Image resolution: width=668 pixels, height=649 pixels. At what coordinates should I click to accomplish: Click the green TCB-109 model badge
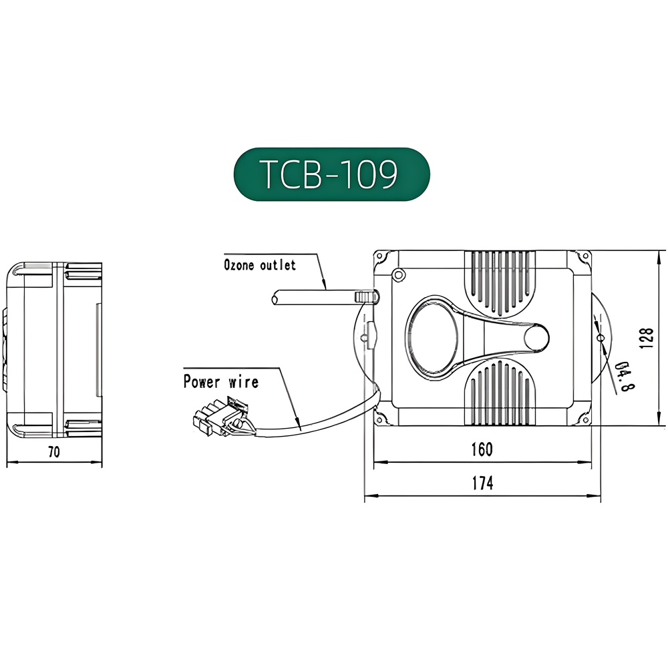(x=331, y=174)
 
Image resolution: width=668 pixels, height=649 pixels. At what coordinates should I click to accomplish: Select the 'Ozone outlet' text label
(x=259, y=265)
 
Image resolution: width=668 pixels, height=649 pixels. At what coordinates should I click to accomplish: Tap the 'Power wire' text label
(x=220, y=382)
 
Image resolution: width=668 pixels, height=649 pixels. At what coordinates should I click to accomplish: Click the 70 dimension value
(x=53, y=452)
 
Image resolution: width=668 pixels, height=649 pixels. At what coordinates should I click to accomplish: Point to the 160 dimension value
(x=481, y=449)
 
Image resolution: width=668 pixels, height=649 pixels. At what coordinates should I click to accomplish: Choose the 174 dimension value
(x=482, y=483)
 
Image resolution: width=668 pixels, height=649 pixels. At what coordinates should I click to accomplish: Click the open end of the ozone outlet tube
(x=275, y=298)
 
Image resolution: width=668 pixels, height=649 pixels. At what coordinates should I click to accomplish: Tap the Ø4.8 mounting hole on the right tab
(x=600, y=338)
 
